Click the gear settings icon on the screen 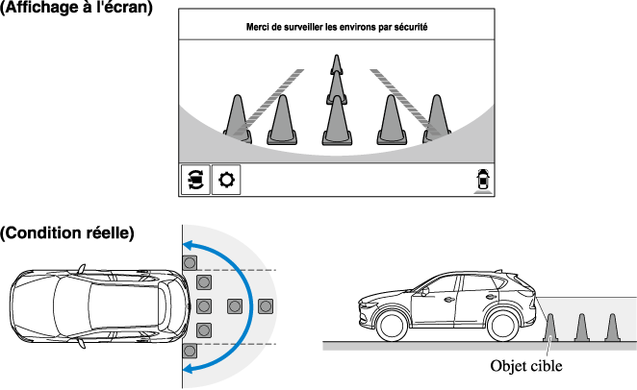[227, 180]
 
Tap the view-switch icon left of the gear [195, 180]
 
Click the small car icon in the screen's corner [481, 180]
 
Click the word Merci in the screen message [260, 28]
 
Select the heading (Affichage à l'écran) [77, 9]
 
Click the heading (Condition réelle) [67, 232]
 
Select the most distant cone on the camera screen [337, 64]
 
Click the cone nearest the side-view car [550, 326]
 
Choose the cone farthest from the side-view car [610, 326]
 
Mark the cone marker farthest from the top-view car [267, 306]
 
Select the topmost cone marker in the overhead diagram [190, 261]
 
